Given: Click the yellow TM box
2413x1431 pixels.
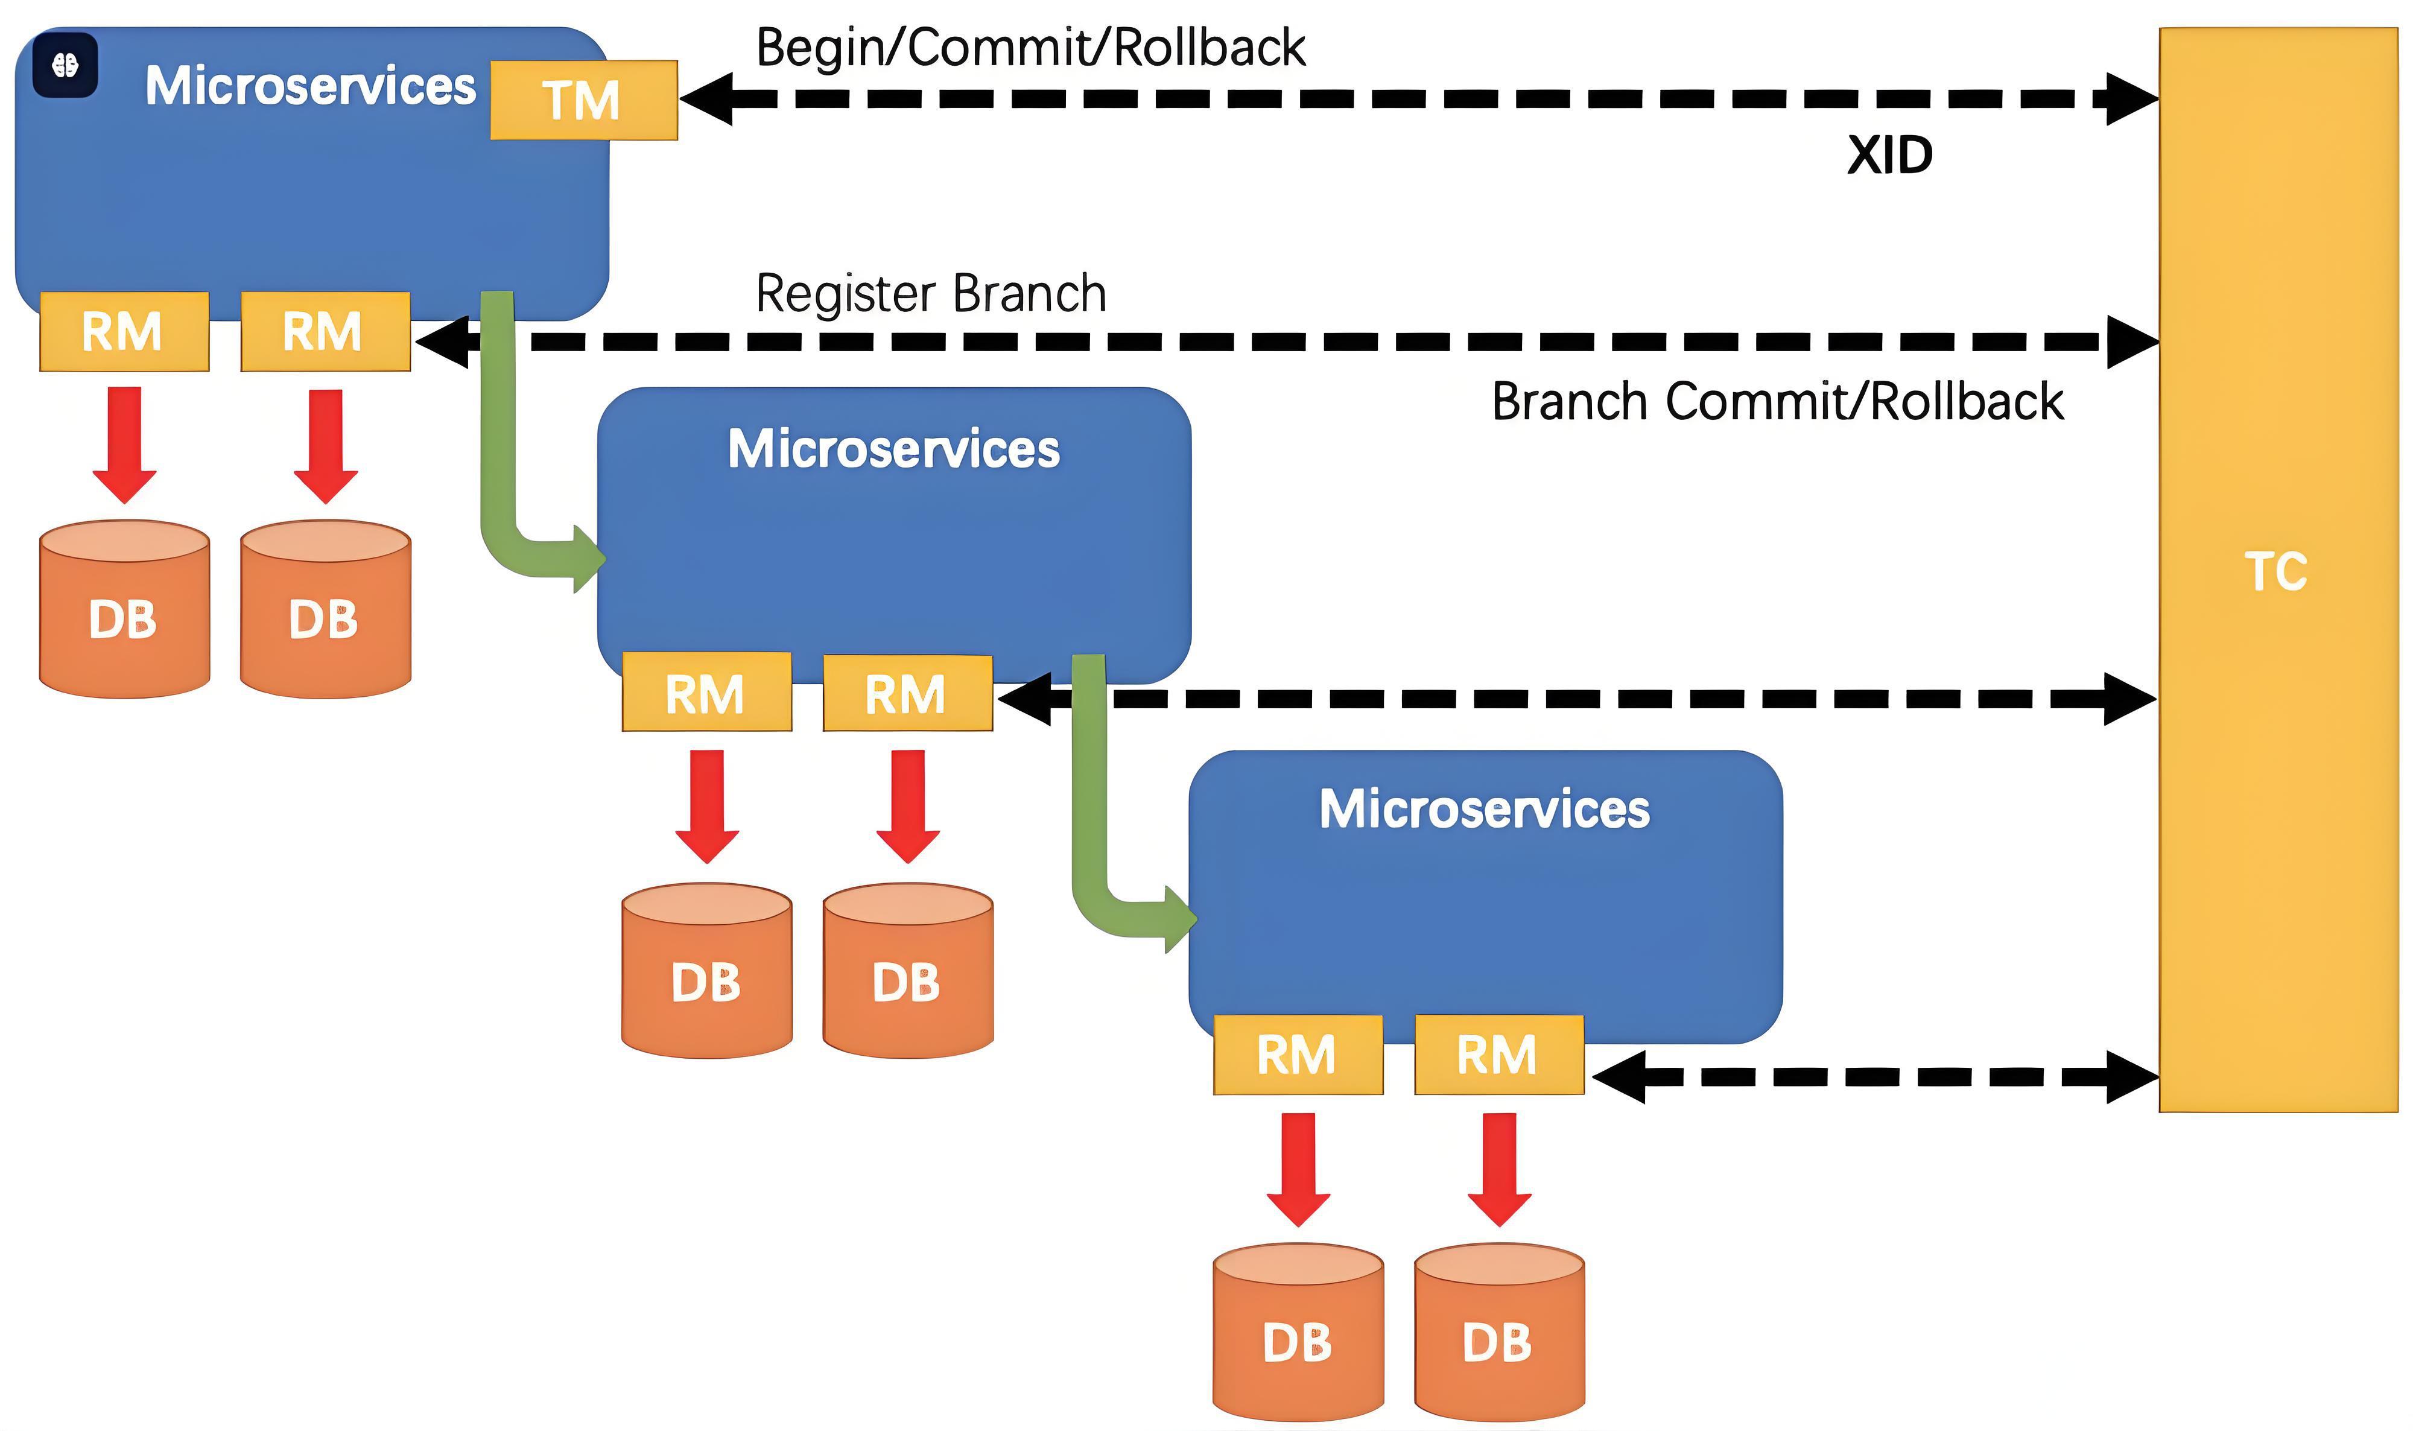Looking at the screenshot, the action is pyautogui.click(x=584, y=100).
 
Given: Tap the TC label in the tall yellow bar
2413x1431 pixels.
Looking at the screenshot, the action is pyautogui.click(x=2276, y=572).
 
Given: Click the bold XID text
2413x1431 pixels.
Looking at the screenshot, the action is pyautogui.click(x=1889, y=155).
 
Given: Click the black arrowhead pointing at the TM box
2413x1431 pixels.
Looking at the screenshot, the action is pyautogui.click(x=706, y=98).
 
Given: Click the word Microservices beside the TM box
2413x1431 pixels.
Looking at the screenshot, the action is pyautogui.click(x=311, y=86).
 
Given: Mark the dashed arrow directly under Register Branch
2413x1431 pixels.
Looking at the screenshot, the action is pyautogui.click(x=1287, y=341).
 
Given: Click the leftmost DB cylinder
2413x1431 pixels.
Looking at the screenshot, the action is pyautogui.click(x=124, y=609).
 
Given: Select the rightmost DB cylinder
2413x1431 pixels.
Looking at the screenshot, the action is pyautogui.click(x=1499, y=1331).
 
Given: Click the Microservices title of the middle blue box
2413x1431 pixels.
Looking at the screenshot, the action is pyautogui.click(x=893, y=449).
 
